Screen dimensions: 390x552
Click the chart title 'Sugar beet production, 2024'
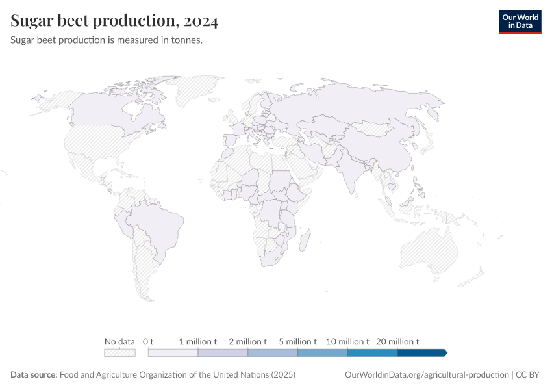click(x=114, y=21)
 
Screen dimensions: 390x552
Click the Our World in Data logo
click(x=520, y=21)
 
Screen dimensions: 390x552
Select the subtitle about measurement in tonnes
click(x=107, y=40)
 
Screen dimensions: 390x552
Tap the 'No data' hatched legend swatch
click(x=119, y=353)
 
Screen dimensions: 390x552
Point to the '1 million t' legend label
click(x=198, y=341)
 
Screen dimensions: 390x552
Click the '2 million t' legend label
click(x=247, y=341)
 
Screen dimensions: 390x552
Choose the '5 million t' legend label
click(x=297, y=341)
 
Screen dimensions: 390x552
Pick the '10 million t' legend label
click(x=347, y=341)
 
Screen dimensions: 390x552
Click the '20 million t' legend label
click(x=397, y=341)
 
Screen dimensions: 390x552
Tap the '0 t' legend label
click(x=148, y=341)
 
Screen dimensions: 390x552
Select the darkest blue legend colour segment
click(x=421, y=353)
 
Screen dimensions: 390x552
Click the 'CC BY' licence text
click(x=529, y=375)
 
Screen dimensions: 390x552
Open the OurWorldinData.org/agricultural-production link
click(x=425, y=375)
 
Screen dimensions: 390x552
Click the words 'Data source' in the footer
click(x=34, y=375)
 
